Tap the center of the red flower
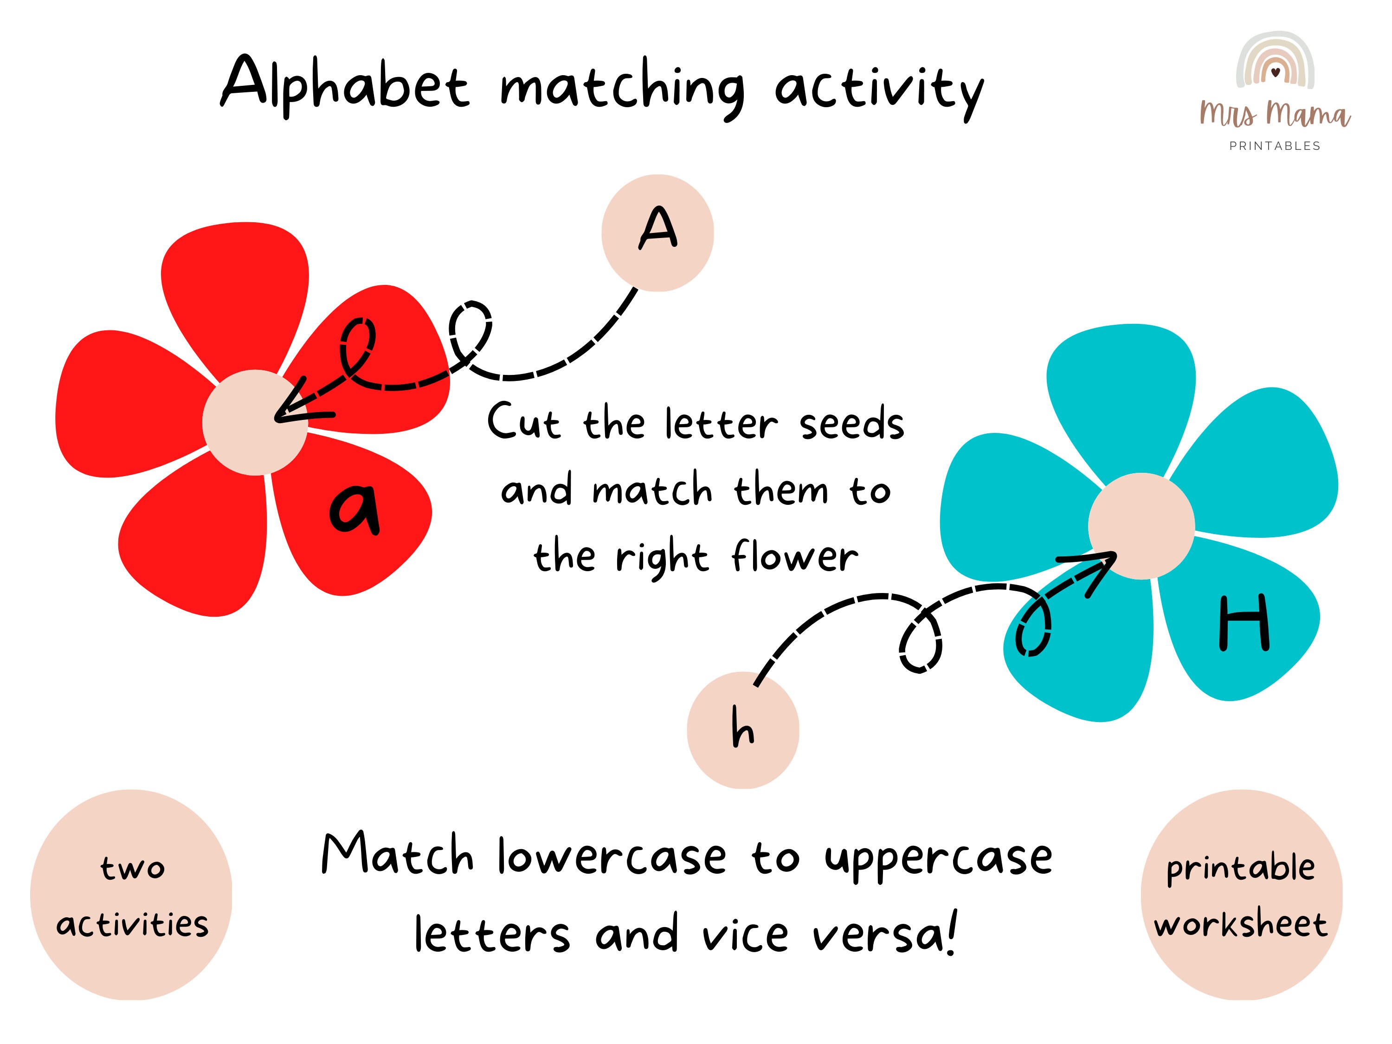255,422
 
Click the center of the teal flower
1141,525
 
